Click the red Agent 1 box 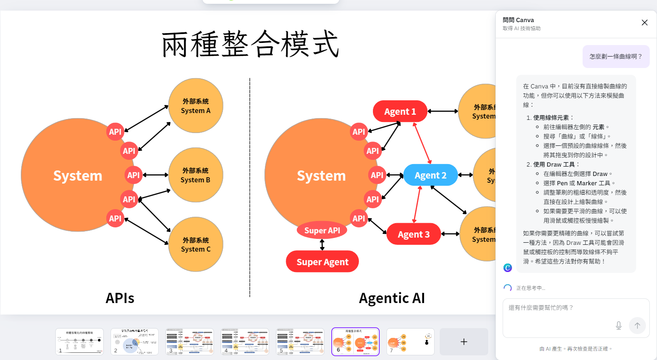[x=400, y=111]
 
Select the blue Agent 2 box [x=430, y=175]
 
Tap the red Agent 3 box [x=413, y=234]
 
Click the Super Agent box [x=322, y=262]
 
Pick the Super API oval [x=322, y=230]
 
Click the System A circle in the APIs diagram [x=196, y=106]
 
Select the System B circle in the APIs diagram [x=196, y=175]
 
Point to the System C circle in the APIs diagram [x=196, y=244]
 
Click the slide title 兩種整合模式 [x=250, y=44]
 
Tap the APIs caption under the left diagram [x=120, y=298]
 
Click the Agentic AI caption [x=392, y=298]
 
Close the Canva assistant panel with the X [x=645, y=23]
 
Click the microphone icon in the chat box [x=619, y=326]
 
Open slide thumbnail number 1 [x=80, y=341]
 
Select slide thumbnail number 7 [x=410, y=341]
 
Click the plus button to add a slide [x=464, y=342]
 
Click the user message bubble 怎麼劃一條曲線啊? [x=616, y=57]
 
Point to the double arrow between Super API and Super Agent [x=322, y=245]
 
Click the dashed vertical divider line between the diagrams [x=250, y=187]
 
